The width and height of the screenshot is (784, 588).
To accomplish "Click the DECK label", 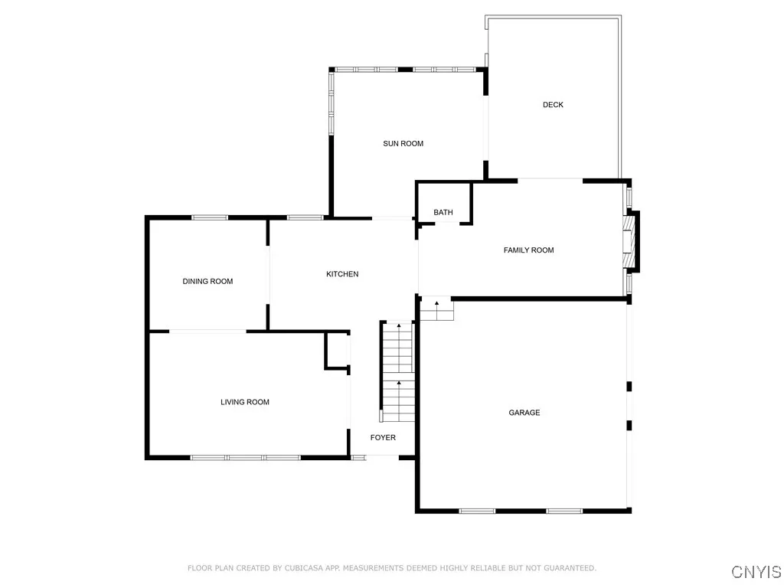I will pyautogui.click(x=553, y=105).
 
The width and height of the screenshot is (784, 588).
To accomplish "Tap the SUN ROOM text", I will pyautogui.click(x=403, y=144).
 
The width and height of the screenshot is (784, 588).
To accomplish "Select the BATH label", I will pyautogui.click(x=443, y=213).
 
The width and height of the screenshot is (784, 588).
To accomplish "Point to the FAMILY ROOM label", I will pyautogui.click(x=528, y=250).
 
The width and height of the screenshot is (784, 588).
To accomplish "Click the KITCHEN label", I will pyautogui.click(x=342, y=274).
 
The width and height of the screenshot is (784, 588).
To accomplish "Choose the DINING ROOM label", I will pyautogui.click(x=207, y=282).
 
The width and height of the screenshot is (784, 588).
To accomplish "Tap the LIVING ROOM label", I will pyautogui.click(x=245, y=402).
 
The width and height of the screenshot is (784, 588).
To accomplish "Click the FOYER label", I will pyautogui.click(x=383, y=438).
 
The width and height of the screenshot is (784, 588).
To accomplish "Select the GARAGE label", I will pyautogui.click(x=524, y=413).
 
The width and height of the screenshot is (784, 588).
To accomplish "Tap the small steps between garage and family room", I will pyautogui.click(x=437, y=309).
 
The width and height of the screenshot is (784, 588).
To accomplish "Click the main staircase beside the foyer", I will pyautogui.click(x=397, y=371).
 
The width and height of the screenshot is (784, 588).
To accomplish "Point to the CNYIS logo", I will pyautogui.click(x=756, y=572).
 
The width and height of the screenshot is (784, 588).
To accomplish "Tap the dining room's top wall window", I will pyautogui.click(x=210, y=217).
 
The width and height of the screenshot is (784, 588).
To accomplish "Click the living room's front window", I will pyautogui.click(x=245, y=458).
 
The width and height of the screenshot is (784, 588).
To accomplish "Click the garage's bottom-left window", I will pyautogui.click(x=477, y=511).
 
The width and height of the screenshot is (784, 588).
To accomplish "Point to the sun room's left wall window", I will pyautogui.click(x=332, y=103).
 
